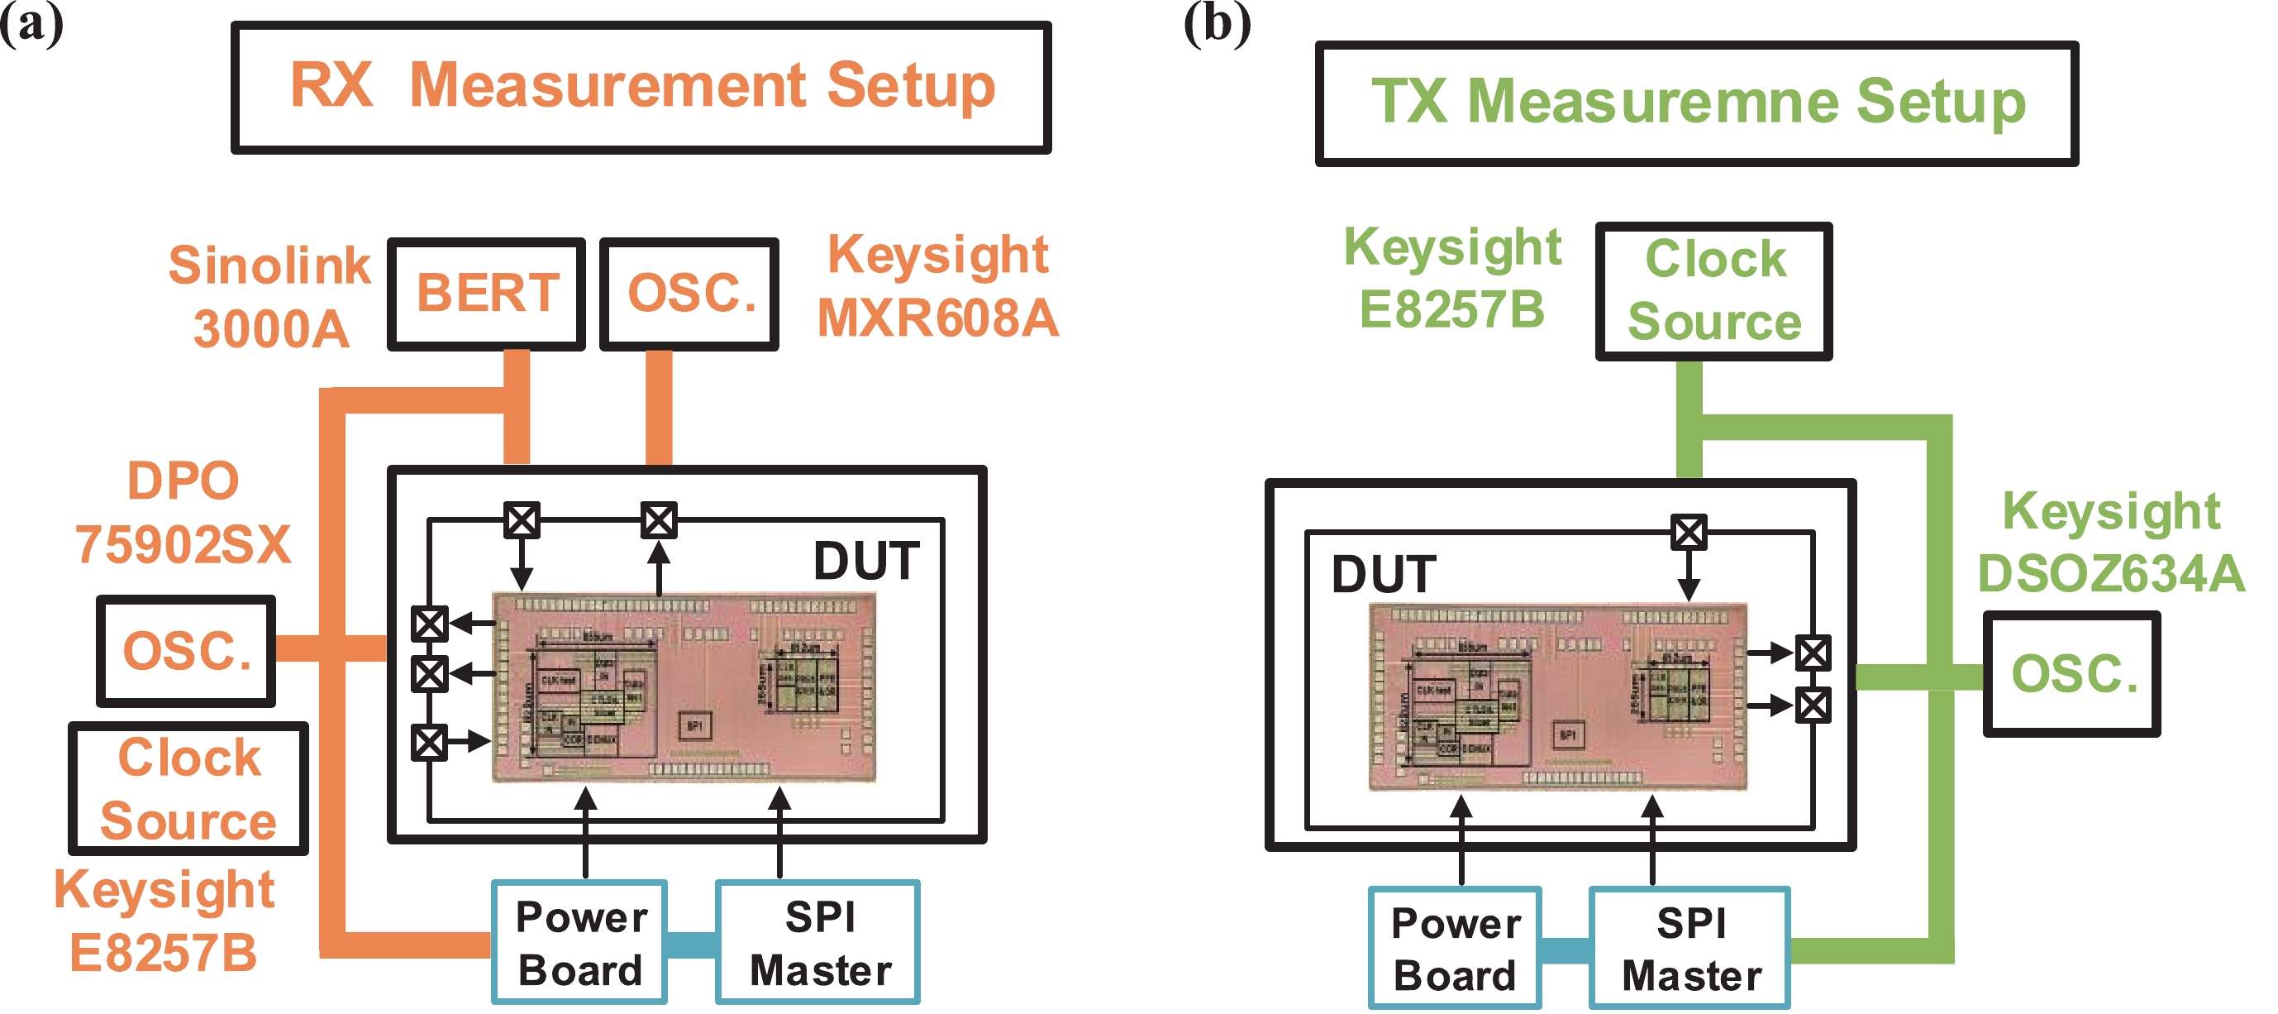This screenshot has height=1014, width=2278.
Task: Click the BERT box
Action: click(486, 294)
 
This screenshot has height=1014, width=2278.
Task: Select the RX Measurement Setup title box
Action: click(641, 87)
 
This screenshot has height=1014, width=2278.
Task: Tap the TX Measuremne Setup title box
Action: click(1696, 103)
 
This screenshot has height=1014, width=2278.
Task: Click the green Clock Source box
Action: click(1713, 291)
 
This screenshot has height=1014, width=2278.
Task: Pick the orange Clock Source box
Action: click(188, 788)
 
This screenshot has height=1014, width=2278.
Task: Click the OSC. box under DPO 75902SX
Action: click(186, 650)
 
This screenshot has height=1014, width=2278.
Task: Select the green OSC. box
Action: click(2071, 673)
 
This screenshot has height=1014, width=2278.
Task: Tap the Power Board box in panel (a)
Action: click(579, 942)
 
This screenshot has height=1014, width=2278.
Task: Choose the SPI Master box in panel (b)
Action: click(1690, 948)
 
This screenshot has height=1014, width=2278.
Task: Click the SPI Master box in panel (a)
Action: click(818, 942)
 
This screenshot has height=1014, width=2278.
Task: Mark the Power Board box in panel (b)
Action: click(1455, 948)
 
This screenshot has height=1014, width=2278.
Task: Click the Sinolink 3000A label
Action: click(269, 296)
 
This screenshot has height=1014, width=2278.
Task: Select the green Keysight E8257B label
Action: click(1452, 277)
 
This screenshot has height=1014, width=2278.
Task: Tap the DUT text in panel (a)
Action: click(865, 561)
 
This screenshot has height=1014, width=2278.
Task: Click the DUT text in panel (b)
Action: click(1384, 574)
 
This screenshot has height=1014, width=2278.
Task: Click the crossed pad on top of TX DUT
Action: click(1688, 533)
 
